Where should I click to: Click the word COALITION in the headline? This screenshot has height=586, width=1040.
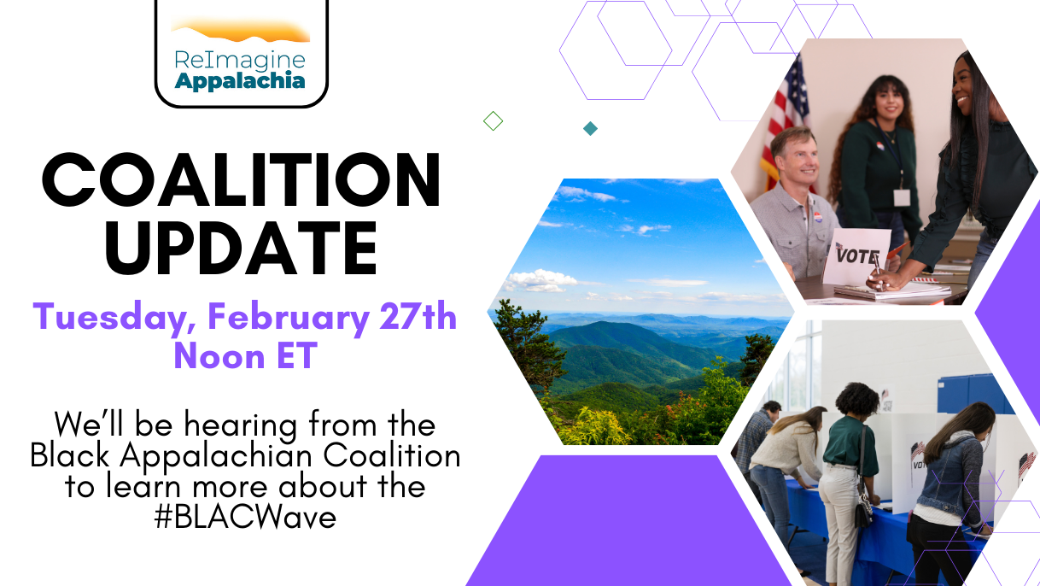tap(241, 179)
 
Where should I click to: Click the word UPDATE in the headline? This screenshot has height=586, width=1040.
tap(241, 248)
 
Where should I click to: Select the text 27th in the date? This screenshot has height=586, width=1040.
tap(418, 316)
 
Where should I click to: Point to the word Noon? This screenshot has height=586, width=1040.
tap(219, 355)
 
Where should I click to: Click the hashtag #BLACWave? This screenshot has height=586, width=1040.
tap(245, 517)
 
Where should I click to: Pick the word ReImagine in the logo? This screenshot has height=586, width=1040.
tap(240, 62)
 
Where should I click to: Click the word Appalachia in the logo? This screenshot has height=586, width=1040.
tap(240, 81)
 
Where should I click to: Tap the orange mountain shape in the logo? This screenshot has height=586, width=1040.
tap(241, 31)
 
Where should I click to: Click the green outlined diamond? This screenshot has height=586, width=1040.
tap(493, 121)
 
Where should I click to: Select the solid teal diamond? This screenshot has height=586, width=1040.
tap(590, 129)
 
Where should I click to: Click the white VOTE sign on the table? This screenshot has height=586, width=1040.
tap(856, 257)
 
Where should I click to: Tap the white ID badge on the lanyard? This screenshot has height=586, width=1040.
tap(902, 197)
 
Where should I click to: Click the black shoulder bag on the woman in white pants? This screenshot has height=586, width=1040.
tap(863, 507)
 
